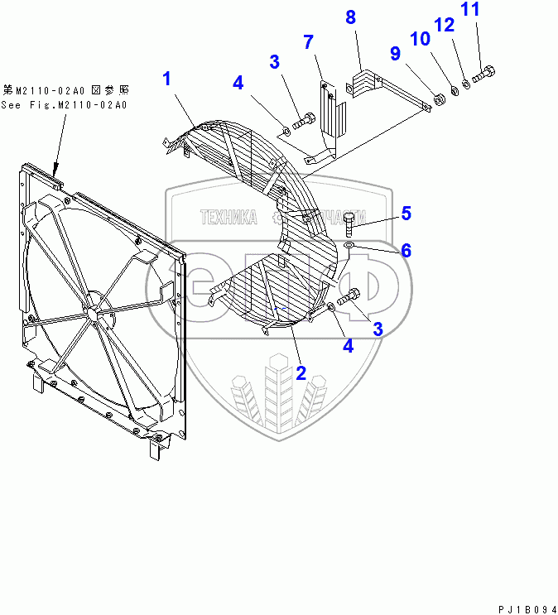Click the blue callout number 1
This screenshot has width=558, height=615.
click(167, 79)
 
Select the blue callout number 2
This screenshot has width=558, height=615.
click(301, 372)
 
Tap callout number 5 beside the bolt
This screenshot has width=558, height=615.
click(406, 214)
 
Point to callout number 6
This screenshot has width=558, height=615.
click(406, 249)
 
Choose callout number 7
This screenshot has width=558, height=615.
click(308, 41)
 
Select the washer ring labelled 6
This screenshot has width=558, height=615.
click(349, 246)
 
